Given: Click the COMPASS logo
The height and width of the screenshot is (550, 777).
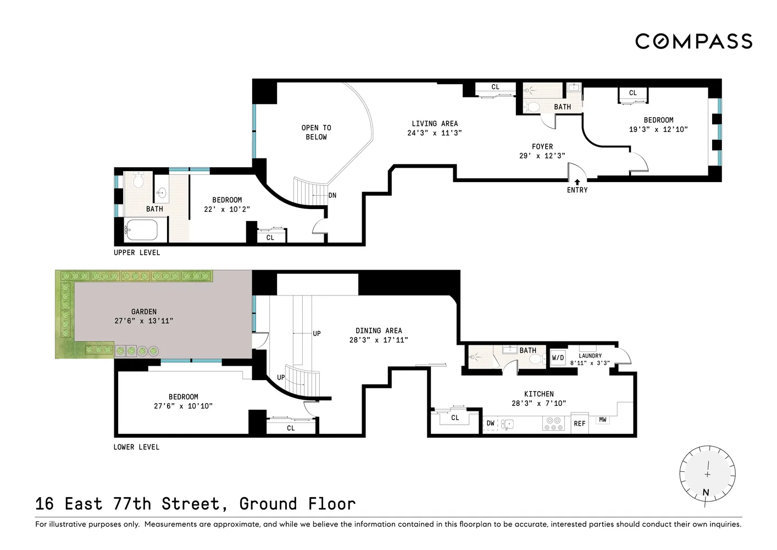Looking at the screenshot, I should [693, 41].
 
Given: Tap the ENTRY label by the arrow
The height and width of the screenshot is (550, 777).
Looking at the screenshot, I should [577, 190].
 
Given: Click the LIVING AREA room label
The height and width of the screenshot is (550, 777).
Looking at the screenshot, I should [434, 124].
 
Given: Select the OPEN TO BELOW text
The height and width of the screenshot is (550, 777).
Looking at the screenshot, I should [316, 132].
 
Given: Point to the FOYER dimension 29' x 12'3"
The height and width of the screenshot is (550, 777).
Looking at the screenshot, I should [542, 156].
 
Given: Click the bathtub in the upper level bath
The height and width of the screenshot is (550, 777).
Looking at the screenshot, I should [141, 230].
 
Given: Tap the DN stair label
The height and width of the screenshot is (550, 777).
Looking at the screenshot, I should [332, 195].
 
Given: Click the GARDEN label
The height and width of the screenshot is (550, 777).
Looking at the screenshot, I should [144, 311].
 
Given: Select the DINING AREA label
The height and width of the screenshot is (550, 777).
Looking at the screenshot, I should [379, 331].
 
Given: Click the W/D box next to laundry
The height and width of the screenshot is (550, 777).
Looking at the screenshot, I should [558, 358].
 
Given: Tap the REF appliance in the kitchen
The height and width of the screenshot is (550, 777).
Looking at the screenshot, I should [580, 424].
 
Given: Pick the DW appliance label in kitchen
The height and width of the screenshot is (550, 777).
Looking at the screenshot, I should [490, 424].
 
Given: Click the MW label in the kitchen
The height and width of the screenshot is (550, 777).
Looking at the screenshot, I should [603, 420].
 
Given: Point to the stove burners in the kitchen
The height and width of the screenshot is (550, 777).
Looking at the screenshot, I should [553, 424].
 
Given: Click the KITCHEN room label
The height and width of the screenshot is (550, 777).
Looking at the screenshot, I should [539, 394].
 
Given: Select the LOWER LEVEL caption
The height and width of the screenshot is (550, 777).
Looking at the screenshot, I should [136, 447].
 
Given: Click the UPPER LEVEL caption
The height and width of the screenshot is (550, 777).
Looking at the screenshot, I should [137, 252].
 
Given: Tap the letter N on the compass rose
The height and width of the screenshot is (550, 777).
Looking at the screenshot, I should [706, 492].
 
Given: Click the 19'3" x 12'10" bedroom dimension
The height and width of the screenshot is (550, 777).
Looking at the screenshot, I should [658, 129].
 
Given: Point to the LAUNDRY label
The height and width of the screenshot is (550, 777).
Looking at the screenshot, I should [590, 356].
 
